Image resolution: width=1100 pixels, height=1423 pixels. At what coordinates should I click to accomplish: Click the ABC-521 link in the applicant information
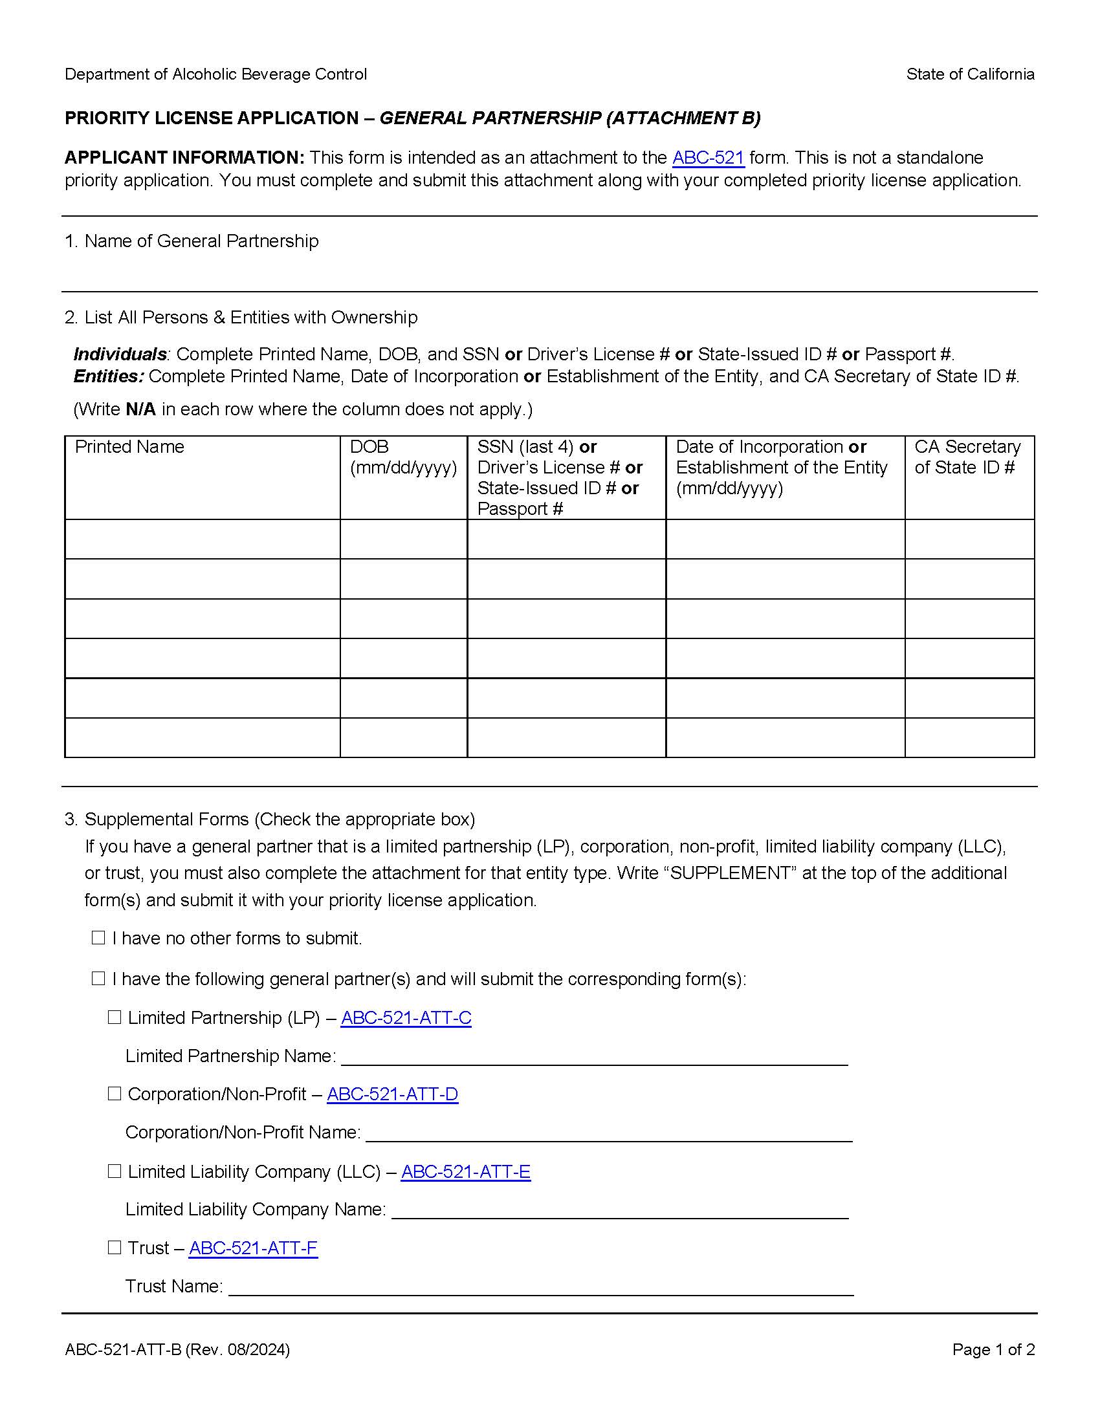point(708,158)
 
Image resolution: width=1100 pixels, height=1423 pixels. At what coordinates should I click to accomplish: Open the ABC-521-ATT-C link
point(405,1017)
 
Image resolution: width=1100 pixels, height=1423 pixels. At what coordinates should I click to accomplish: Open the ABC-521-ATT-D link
point(392,1094)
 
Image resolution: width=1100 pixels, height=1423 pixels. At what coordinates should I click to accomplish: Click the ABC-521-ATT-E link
point(465,1171)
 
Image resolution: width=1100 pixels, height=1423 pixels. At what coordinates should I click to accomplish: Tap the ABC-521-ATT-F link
point(253,1248)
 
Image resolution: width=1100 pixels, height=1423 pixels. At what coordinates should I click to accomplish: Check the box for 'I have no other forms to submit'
point(98,938)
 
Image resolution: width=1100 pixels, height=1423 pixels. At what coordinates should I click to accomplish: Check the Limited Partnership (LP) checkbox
point(115,1017)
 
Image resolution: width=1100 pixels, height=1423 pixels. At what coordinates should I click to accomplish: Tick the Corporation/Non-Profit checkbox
point(115,1093)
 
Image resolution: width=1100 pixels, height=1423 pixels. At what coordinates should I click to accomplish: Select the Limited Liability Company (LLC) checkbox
point(115,1171)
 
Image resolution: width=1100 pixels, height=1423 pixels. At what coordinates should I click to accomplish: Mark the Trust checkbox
point(115,1247)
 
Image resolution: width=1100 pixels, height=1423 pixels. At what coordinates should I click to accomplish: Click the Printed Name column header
point(129,447)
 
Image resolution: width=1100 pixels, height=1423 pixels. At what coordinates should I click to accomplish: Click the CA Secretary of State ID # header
point(967,457)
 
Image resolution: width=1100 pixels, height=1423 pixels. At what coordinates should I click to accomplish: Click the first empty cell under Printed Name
point(202,539)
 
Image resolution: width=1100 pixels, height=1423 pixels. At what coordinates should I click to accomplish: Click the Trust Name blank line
point(540,1287)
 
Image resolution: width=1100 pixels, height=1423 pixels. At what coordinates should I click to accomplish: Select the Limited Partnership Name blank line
point(593,1056)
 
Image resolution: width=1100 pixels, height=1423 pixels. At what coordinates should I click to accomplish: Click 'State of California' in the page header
point(970,74)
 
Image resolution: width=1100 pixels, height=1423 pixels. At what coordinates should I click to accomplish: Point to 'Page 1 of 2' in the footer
point(993,1349)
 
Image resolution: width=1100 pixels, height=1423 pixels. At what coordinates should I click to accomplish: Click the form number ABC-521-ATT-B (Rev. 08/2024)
point(177,1349)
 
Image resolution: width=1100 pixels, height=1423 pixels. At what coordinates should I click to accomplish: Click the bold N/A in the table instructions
point(140,409)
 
